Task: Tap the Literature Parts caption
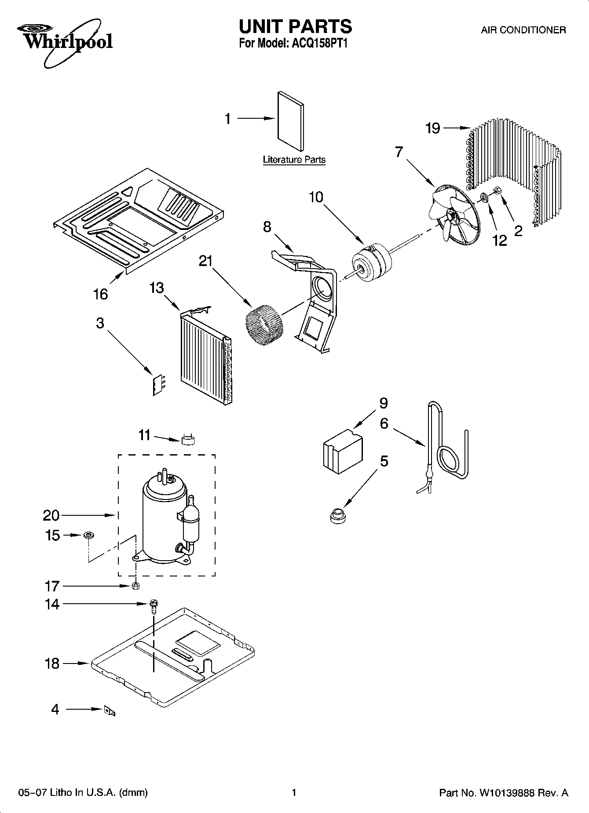pyautogui.click(x=294, y=160)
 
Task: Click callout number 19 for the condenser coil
pyautogui.click(x=433, y=128)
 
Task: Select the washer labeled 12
pyautogui.click(x=483, y=197)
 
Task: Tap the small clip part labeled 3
pyautogui.click(x=157, y=385)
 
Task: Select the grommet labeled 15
pyautogui.click(x=88, y=535)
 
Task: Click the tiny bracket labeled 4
pyautogui.click(x=109, y=711)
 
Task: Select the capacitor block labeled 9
pyautogui.click(x=343, y=451)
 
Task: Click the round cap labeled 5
pyautogui.click(x=337, y=515)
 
